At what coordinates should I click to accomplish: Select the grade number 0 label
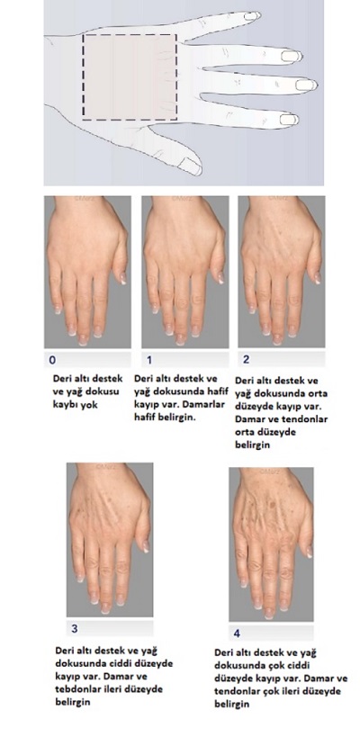52,360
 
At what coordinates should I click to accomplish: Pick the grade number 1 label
148,360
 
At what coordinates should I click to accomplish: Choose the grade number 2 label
246,360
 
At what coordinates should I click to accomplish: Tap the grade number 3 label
74,628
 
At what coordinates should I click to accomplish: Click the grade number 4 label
237,634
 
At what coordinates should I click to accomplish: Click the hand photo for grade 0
87,272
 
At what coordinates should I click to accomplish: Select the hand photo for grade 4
271,544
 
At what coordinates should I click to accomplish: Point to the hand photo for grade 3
110,540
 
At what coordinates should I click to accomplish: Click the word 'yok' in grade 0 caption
88,406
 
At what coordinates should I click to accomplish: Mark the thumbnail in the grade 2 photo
317,277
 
